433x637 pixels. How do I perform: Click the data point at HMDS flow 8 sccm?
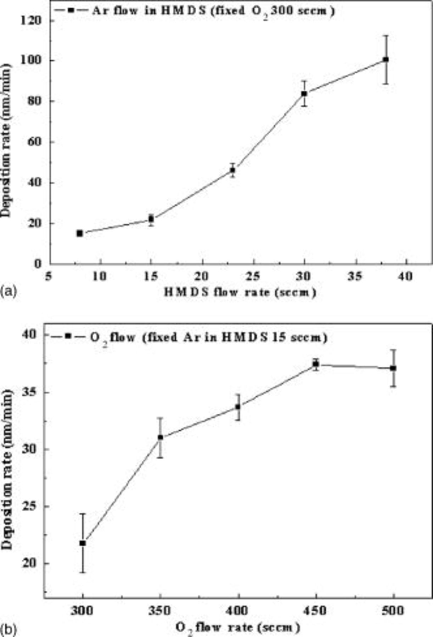80,233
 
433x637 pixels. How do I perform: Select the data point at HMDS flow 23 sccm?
232,170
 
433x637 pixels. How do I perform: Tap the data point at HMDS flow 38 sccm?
386,59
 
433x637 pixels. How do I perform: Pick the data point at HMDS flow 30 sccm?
304,94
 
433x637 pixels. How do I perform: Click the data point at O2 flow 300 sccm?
83,543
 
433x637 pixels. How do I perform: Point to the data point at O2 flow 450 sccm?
316,364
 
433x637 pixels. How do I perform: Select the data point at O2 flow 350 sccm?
160,437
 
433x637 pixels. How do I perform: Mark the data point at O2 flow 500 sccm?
393,368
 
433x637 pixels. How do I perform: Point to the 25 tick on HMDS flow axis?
253,276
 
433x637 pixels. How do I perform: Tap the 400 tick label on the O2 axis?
238,611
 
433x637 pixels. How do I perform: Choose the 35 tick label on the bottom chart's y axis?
33,392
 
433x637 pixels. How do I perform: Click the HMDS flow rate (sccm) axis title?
240,292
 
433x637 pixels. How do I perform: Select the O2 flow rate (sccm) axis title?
238,628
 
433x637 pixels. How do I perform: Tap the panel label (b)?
9,629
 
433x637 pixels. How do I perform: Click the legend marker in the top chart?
71,10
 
